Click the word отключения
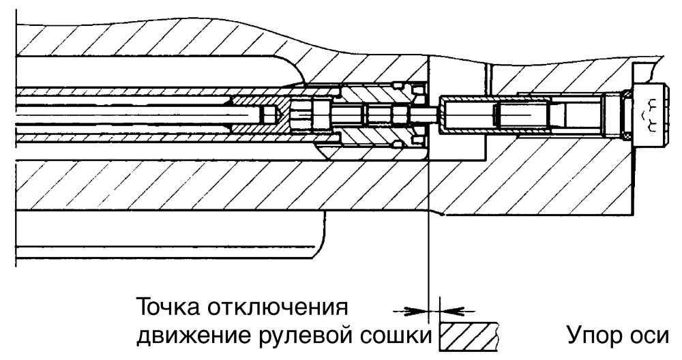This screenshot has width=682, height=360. [278, 307]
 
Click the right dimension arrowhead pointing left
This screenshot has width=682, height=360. [449, 310]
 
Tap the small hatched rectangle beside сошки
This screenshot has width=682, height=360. [469, 336]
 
